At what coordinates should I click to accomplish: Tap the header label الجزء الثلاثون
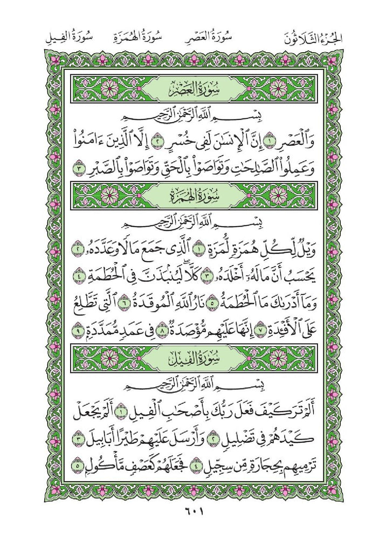click(x=315, y=38)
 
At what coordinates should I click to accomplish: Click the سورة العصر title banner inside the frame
click(x=193, y=87)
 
